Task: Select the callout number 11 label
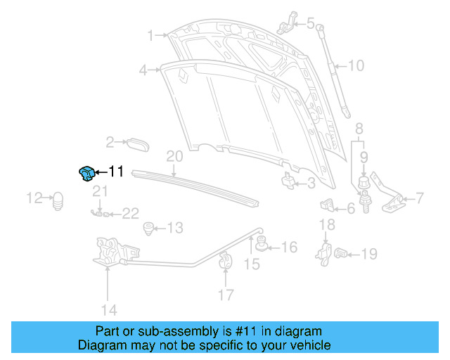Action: (x=116, y=172)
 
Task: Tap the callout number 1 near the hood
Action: (x=150, y=34)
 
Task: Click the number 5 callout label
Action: (x=310, y=23)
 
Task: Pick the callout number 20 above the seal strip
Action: (x=174, y=156)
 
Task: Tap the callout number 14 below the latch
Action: (x=108, y=309)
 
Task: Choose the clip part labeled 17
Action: (x=226, y=259)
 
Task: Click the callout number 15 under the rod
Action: (x=252, y=264)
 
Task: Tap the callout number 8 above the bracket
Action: (x=359, y=129)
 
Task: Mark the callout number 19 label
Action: (x=369, y=254)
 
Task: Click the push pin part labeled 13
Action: (x=148, y=228)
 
